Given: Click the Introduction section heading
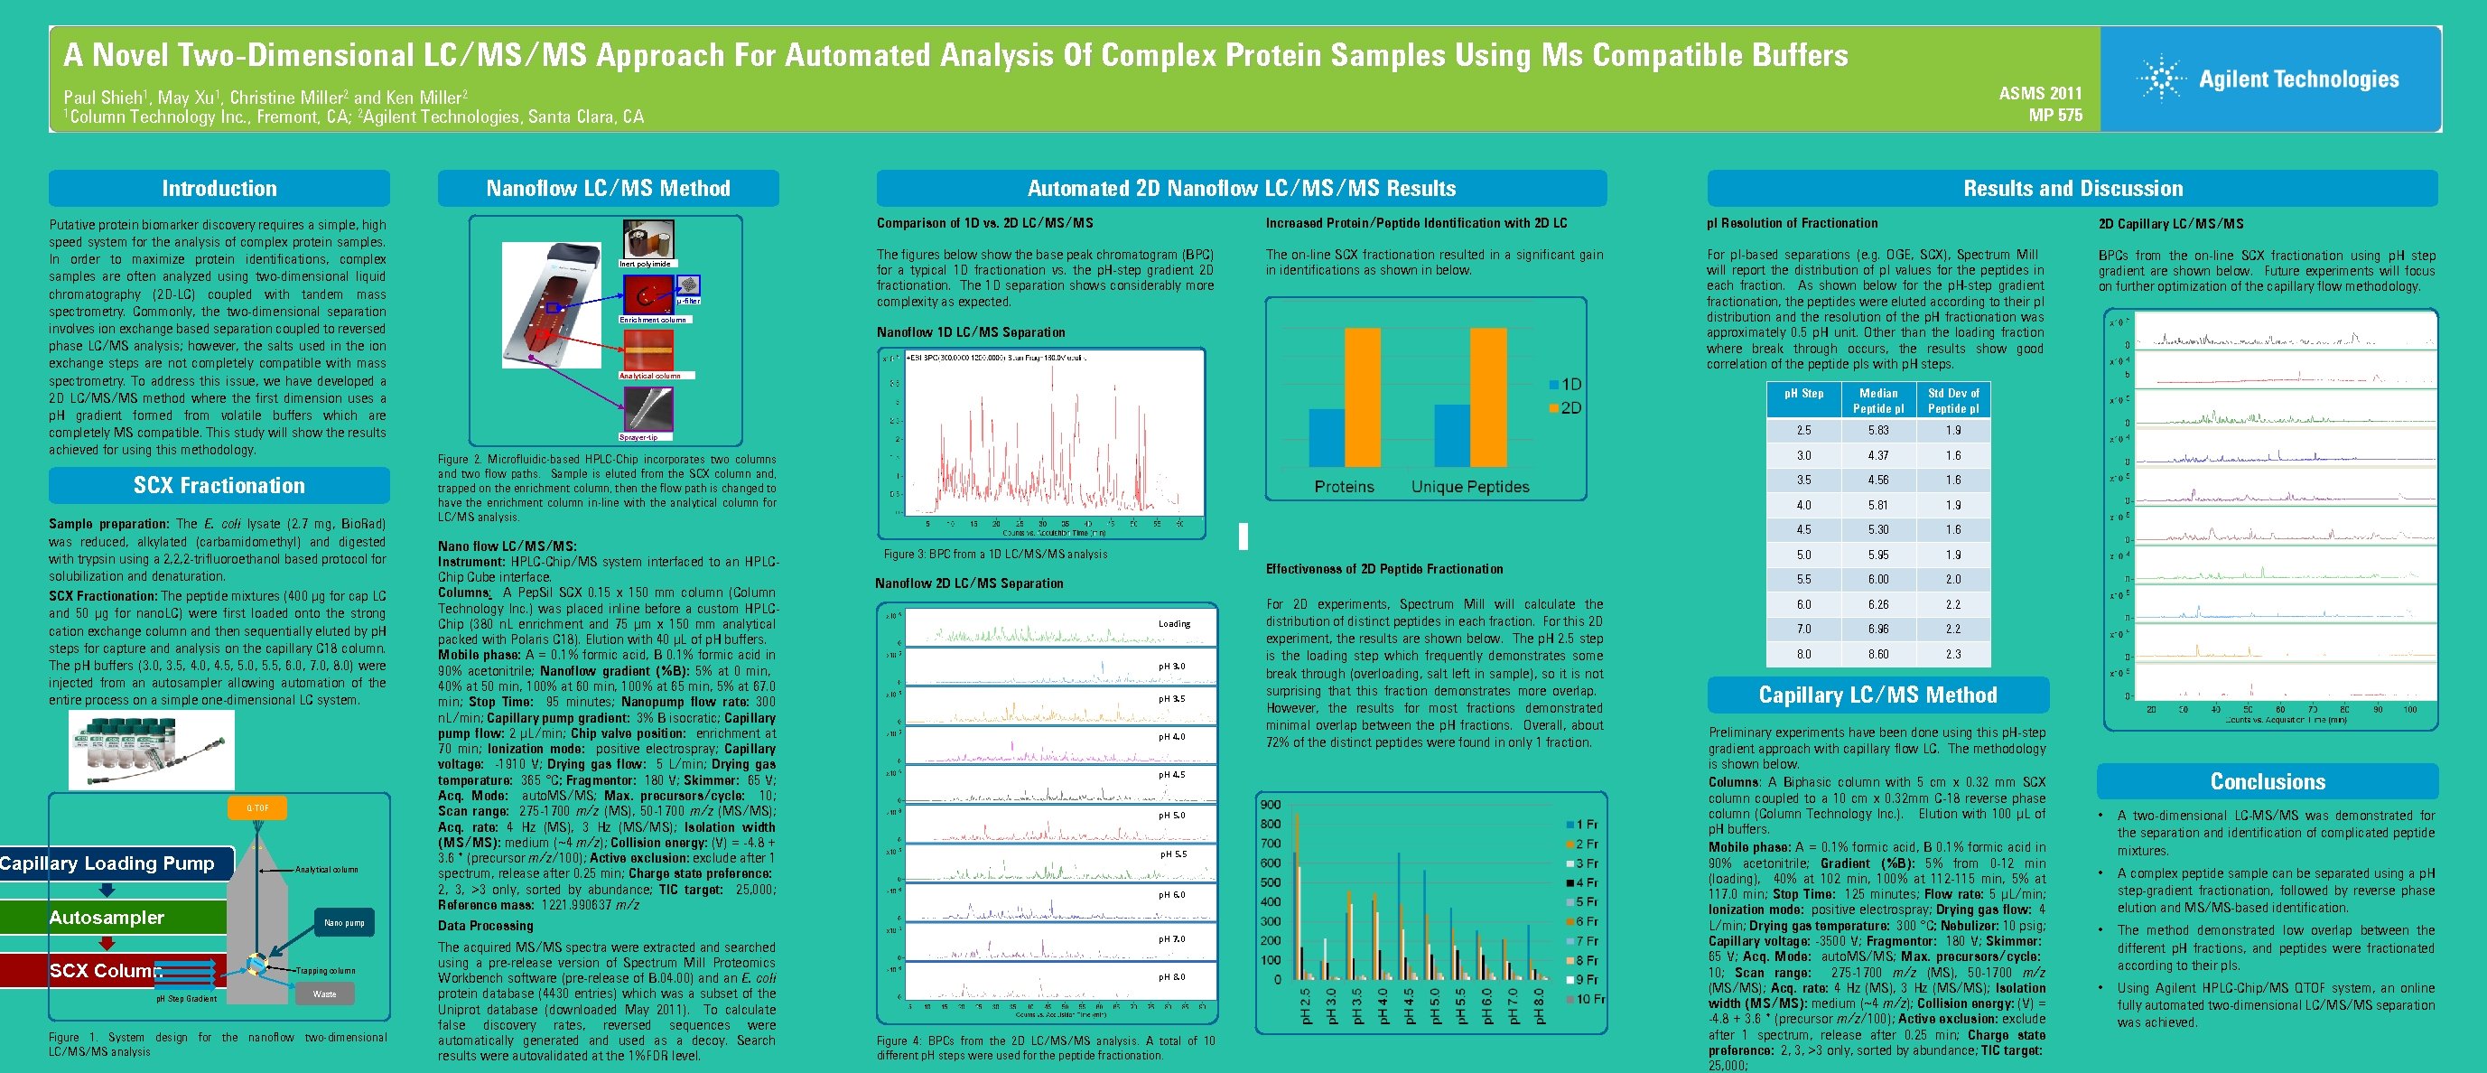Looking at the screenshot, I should (219, 189).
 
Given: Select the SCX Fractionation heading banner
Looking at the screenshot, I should (219, 486).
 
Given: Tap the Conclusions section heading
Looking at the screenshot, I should (2268, 781).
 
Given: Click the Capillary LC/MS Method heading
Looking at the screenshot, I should (1877, 695).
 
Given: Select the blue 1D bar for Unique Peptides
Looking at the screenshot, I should (1452, 434).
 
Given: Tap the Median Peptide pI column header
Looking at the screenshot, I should (1877, 401).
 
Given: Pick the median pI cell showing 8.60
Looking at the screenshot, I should (1877, 654).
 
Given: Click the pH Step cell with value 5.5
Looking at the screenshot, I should (1803, 580).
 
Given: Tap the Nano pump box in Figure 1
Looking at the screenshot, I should (345, 922).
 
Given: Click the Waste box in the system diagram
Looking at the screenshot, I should (324, 994).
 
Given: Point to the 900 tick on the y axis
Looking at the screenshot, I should (1271, 805).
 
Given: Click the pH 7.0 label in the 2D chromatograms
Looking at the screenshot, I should (1172, 938).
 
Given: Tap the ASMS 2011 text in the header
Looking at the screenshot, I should (2040, 94).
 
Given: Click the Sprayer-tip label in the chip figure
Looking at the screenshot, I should (639, 437).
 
